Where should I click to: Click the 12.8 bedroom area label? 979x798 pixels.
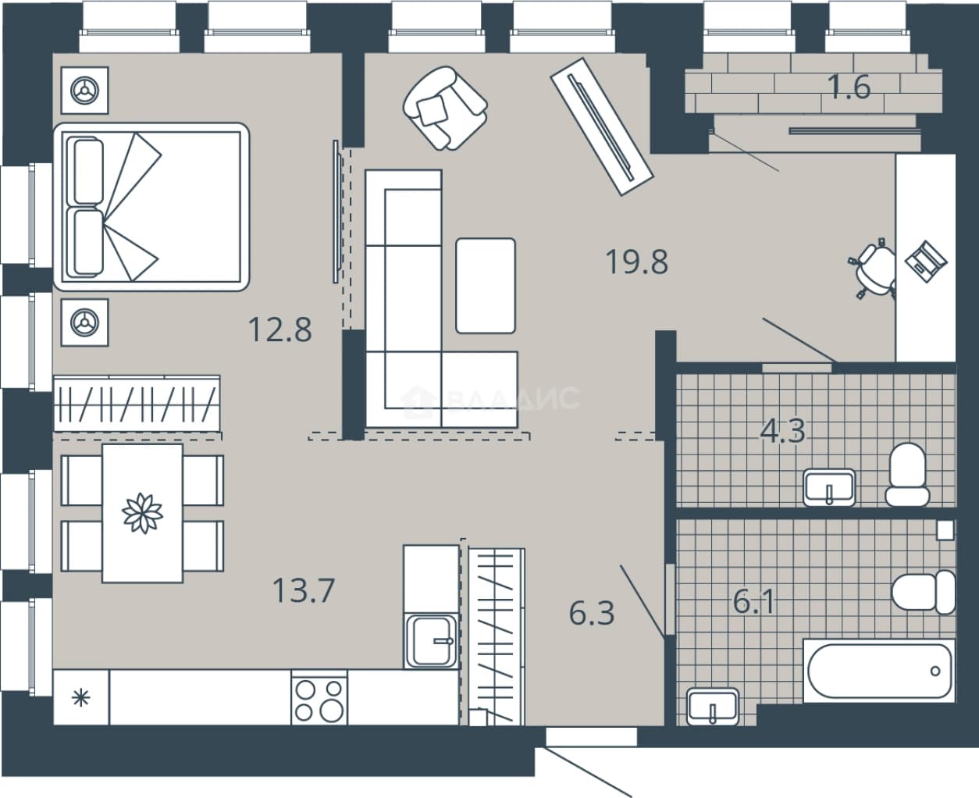[280, 330]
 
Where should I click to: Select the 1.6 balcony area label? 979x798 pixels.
[849, 87]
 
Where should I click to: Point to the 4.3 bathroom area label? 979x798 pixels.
[783, 431]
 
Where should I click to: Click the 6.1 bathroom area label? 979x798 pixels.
[754, 601]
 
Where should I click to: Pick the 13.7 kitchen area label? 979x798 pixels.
[304, 590]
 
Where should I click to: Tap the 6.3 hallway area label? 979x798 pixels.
[592, 612]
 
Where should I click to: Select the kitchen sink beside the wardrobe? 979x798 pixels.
[431, 641]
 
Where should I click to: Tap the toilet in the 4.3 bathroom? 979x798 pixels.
[907, 475]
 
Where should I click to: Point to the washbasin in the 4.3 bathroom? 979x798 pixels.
[829, 487]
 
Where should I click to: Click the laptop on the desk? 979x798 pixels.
[926, 262]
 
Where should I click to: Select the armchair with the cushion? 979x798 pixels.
[445, 109]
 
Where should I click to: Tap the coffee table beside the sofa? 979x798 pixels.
[486, 286]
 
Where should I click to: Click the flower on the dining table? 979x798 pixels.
[143, 514]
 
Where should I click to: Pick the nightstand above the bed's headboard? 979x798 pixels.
[84, 90]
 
